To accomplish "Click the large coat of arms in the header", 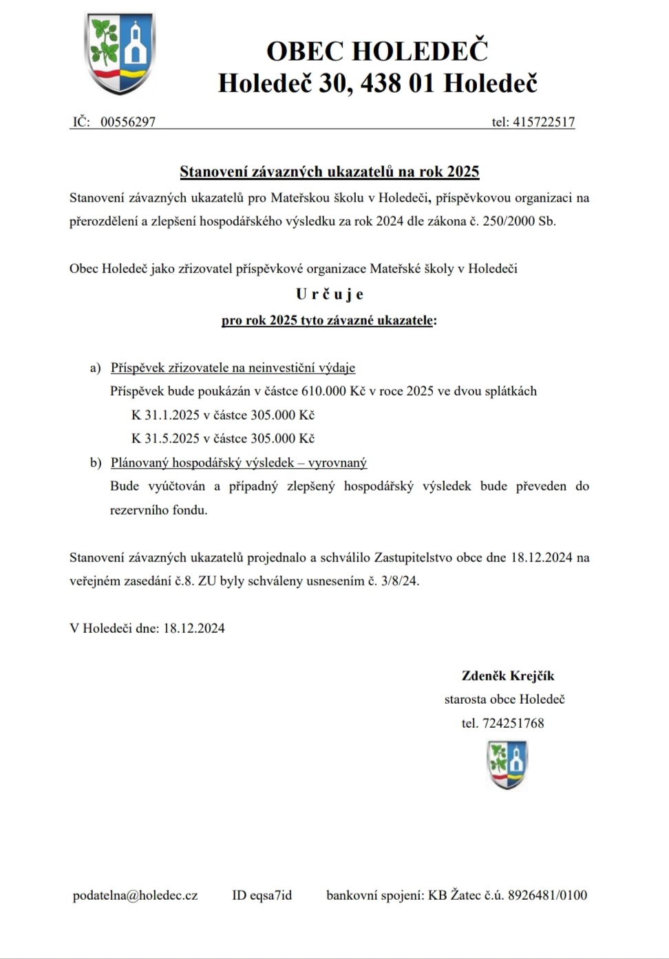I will coord(119,54).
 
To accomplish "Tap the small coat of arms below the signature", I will coord(507,764).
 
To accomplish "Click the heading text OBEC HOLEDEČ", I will coord(376,51).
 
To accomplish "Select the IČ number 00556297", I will coord(128,122).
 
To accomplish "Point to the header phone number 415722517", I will coord(543,122).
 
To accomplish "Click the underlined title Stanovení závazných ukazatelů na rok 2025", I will coord(329,171).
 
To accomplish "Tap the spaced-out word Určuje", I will coord(329,294).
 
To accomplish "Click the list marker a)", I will coord(96,368).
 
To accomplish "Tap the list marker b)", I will coord(96,463).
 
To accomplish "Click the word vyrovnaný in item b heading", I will coord(337,463).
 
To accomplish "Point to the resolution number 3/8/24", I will coord(399,581).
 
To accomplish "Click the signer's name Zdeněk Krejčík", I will coord(508,676).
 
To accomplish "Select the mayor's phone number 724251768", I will coord(513,723).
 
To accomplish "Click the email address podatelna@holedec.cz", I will coord(135,895).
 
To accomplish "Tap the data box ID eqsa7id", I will coord(262,895).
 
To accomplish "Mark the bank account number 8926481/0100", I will coord(547,895).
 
